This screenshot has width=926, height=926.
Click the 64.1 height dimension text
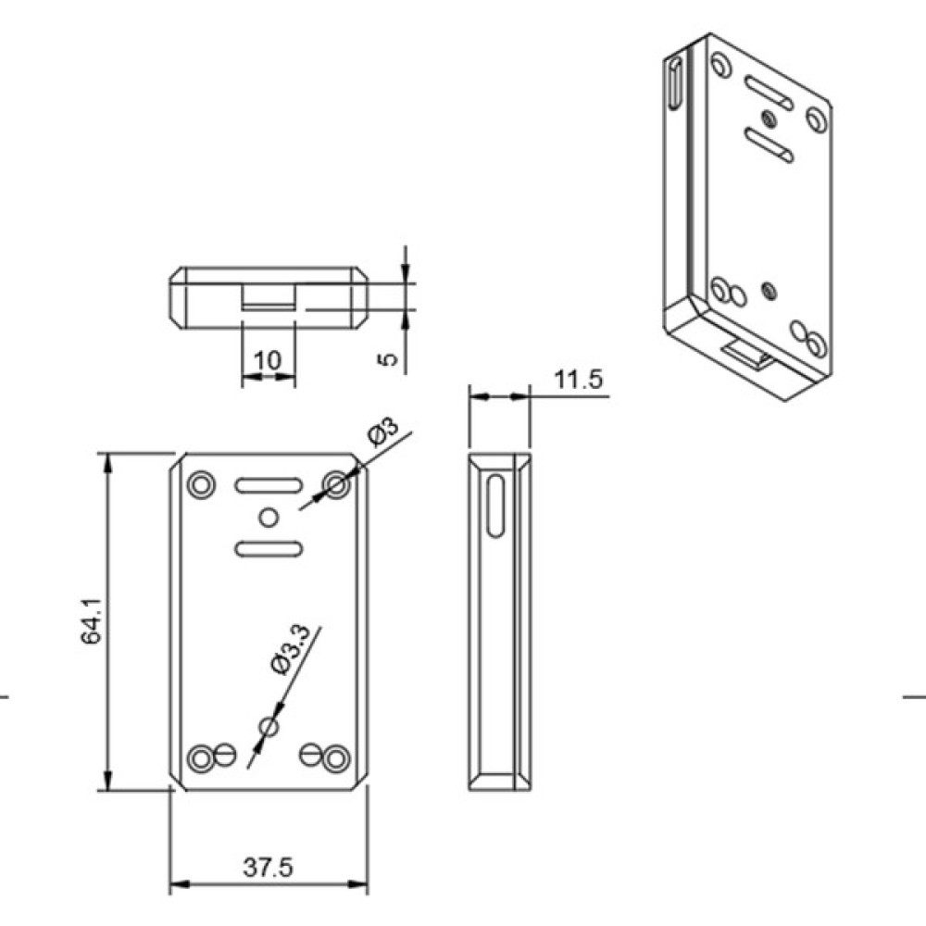(92, 620)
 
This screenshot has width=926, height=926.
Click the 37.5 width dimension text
(268, 868)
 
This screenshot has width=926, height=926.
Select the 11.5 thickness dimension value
(578, 379)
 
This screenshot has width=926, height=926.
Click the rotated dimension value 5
(387, 358)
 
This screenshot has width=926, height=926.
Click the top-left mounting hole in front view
(201, 485)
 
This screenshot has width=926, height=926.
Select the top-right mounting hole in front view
(337, 485)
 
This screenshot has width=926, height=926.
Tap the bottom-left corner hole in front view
(201, 757)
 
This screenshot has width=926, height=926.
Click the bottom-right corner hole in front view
(337, 757)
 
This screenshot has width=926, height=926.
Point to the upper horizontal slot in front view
(269, 485)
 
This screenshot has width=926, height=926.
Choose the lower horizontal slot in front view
(269, 549)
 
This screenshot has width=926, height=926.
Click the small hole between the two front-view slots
(269, 518)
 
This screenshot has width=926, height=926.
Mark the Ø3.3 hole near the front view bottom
(269, 726)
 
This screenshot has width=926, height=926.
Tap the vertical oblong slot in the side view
(496, 506)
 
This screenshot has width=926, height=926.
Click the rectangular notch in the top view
(269, 296)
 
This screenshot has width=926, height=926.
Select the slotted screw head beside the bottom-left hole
(226, 754)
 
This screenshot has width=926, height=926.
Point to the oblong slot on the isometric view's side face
(675, 82)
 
